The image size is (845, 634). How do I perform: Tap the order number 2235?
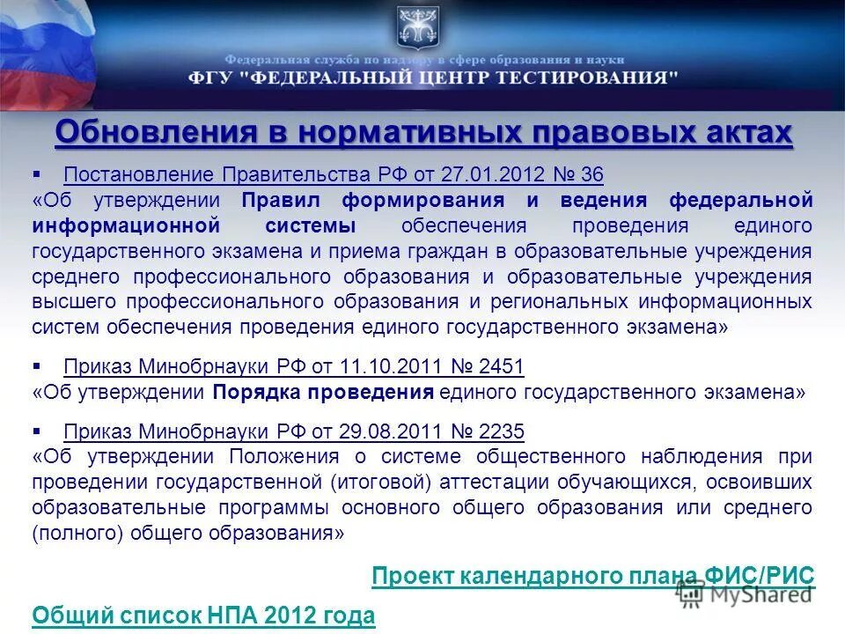click(x=503, y=431)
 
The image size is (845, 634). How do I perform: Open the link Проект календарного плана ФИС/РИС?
click(x=593, y=577)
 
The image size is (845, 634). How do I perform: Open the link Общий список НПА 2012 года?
click(x=203, y=616)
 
